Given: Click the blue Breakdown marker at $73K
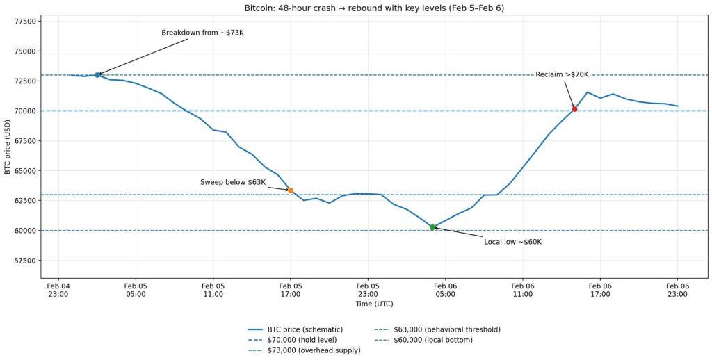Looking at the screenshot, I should tap(97, 74).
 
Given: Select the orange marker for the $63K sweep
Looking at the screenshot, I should tap(291, 190).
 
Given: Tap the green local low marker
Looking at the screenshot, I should tap(432, 227).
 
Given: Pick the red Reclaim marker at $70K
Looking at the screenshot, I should tap(574, 109).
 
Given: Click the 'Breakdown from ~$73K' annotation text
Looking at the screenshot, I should tap(202, 33).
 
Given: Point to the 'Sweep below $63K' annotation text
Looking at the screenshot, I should tap(233, 182).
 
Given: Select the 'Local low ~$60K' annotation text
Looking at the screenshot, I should tap(512, 242).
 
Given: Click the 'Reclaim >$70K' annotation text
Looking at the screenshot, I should tap(562, 74).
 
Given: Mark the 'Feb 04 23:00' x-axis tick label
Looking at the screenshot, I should tap(58, 290).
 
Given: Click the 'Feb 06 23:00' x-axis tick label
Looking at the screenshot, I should tap(677, 290).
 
